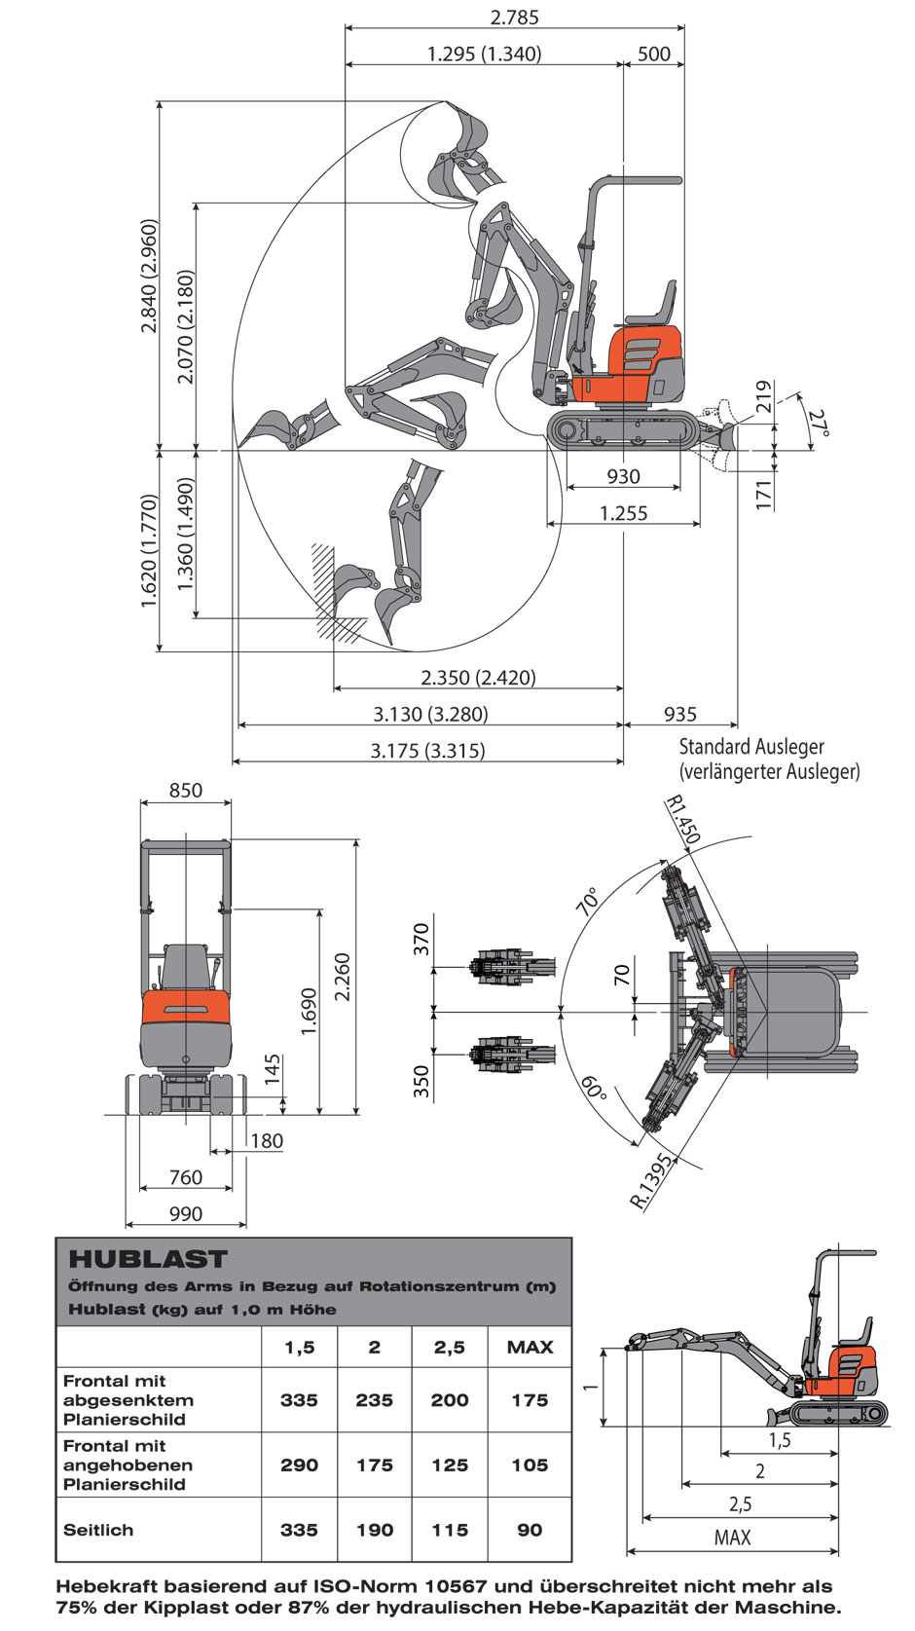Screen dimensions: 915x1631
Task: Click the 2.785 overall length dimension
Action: point(514,17)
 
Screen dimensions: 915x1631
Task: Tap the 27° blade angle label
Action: point(819,422)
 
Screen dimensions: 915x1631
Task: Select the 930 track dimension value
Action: point(623,477)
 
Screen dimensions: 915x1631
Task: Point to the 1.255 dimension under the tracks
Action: point(623,513)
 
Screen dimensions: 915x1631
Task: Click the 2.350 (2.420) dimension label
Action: point(478,678)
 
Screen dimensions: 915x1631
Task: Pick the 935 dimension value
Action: point(679,715)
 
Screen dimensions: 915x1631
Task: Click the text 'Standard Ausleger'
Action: point(751,747)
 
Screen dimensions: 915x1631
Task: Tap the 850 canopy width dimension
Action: point(186,791)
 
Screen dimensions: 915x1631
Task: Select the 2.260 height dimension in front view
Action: point(342,978)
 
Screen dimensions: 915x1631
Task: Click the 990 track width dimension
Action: point(186,1214)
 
